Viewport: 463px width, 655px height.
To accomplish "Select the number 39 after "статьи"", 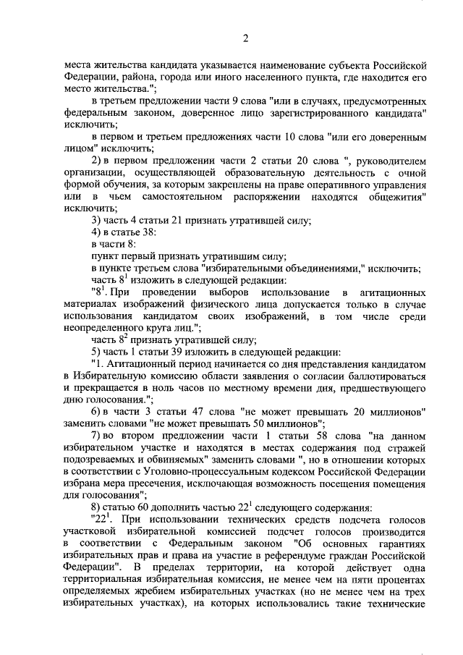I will (187, 350).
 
